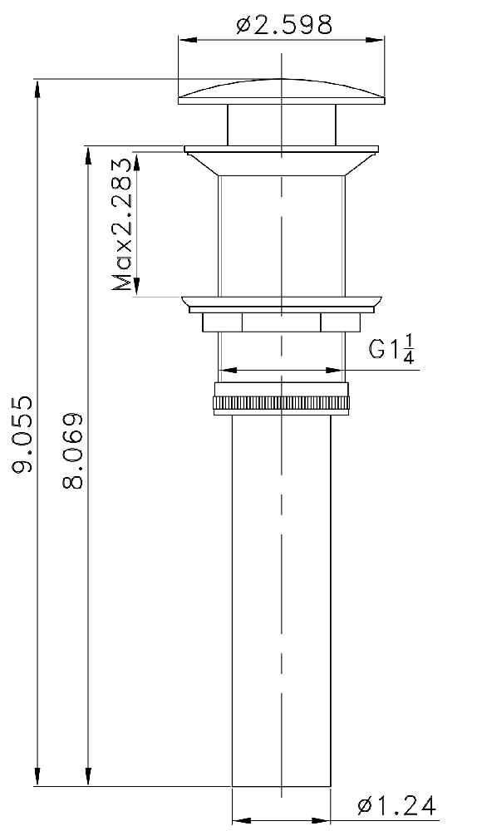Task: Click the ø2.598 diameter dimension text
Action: pyautogui.click(x=284, y=24)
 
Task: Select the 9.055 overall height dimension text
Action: pyautogui.click(x=24, y=433)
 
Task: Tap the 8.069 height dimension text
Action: pyautogui.click(x=72, y=451)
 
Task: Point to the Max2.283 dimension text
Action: pyautogui.click(x=121, y=225)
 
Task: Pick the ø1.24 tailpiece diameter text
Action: pyautogui.click(x=396, y=806)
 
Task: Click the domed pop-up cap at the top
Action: pyautogui.click(x=282, y=91)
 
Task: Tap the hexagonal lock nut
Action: pyautogui.click(x=282, y=322)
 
